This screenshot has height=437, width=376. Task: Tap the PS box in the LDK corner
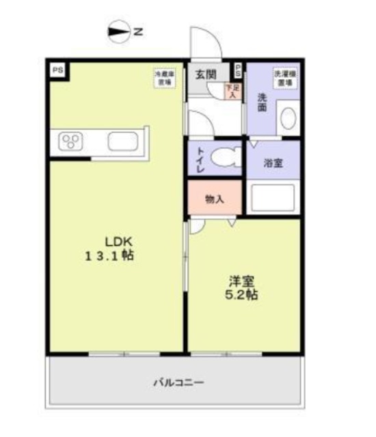click(x=57, y=69)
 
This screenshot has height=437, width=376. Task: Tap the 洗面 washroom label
click(x=262, y=102)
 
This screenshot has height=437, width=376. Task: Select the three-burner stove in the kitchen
click(x=70, y=142)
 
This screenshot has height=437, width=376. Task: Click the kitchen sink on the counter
click(x=123, y=142)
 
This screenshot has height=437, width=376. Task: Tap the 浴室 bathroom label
click(x=276, y=165)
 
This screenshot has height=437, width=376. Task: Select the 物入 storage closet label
click(x=215, y=199)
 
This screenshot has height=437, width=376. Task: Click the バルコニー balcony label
click(x=178, y=382)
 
